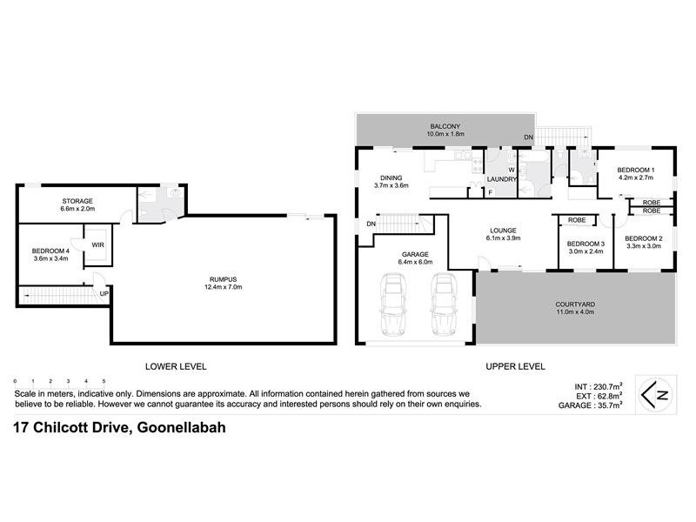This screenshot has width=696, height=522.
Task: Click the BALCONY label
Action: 446,125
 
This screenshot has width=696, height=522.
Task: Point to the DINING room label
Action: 391,177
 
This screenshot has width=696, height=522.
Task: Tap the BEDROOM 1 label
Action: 635,170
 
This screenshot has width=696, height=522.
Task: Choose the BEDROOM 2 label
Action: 644,238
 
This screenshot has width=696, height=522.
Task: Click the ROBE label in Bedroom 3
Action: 577,220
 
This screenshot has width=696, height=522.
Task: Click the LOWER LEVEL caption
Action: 176,366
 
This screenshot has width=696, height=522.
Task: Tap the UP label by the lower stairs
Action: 104,293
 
